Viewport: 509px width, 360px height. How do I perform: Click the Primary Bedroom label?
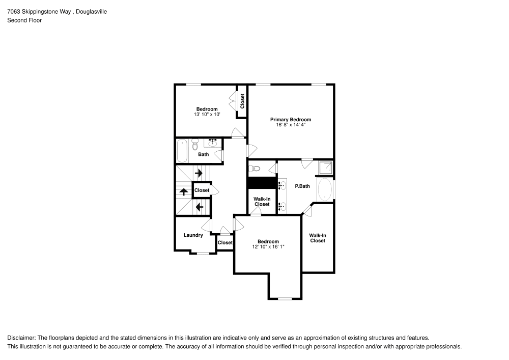tap(290, 120)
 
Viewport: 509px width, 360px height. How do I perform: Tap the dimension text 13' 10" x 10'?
tap(207, 115)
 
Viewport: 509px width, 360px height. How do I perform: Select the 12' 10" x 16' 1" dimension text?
tap(268, 247)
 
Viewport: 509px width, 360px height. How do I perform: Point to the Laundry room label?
tap(193, 235)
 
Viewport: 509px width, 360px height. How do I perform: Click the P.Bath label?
tap(302, 186)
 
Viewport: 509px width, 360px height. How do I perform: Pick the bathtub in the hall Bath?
tap(182, 151)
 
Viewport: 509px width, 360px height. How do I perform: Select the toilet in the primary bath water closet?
tap(256, 168)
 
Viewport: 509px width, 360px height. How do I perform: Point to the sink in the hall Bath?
tap(213, 143)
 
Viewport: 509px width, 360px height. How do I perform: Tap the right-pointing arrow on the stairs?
tap(199, 173)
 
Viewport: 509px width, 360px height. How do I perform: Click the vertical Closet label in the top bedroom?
tap(242, 101)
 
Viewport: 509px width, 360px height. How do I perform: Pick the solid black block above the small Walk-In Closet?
tap(262, 183)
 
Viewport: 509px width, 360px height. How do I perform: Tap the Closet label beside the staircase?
tap(202, 190)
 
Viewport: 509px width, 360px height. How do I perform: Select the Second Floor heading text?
tap(24, 20)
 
